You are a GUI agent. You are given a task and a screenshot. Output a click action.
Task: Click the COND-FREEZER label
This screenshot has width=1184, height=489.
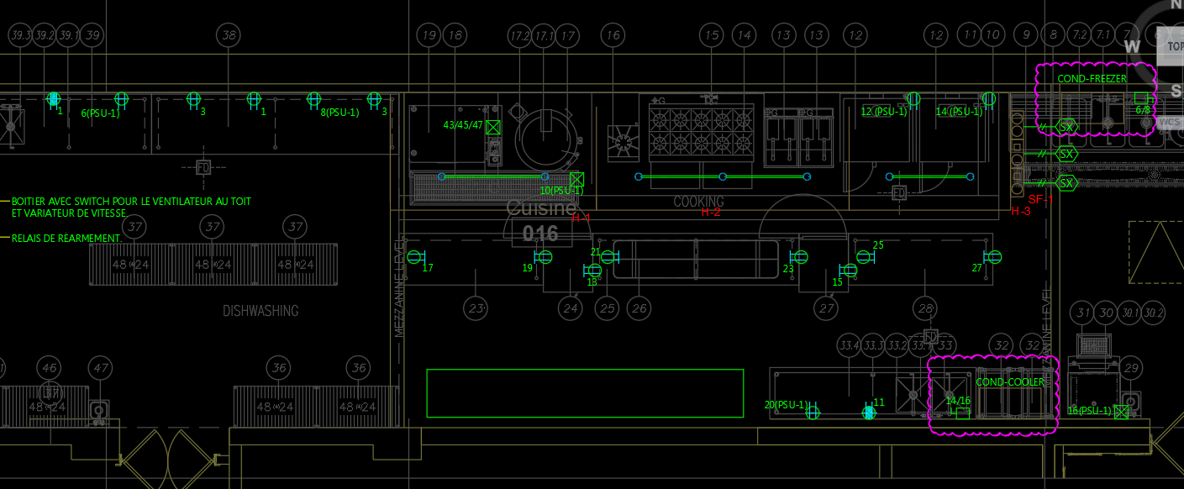coord(1092,79)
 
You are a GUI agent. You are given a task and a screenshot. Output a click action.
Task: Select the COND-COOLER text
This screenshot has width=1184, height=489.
coord(1010,382)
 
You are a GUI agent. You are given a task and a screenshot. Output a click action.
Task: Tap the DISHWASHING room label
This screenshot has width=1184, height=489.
coord(260,311)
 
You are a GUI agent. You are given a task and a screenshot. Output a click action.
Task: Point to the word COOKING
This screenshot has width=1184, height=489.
coord(698,202)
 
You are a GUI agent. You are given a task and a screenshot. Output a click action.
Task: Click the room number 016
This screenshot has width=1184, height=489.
coord(540,234)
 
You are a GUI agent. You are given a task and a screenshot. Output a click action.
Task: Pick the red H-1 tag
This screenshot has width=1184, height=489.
coord(581,218)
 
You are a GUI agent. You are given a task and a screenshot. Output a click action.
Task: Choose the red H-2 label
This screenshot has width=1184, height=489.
coord(711,213)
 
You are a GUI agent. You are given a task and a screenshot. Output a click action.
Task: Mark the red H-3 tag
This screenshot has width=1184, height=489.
coord(1021,212)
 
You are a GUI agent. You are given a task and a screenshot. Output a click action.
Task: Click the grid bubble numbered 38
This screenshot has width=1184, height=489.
coord(228,35)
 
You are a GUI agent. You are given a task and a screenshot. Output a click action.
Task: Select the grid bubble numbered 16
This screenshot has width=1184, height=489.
coord(613,35)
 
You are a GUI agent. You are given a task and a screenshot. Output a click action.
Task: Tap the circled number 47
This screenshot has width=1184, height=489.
coord(101,368)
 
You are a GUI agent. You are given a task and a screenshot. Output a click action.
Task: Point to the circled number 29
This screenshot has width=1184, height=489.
coord(1131,368)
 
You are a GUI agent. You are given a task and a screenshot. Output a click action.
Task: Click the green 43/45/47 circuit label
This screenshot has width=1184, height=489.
coord(463,125)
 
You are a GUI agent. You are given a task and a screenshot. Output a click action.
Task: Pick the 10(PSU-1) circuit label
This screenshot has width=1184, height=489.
coord(561,191)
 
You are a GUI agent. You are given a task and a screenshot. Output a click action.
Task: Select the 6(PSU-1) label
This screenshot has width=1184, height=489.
coord(100,113)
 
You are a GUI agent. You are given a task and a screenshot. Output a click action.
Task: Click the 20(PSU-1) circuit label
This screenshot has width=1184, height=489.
coord(786,405)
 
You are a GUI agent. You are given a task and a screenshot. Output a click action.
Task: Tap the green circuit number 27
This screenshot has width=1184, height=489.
coord(976,268)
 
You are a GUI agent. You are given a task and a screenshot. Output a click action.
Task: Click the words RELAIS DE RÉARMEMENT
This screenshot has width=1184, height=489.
coord(66,239)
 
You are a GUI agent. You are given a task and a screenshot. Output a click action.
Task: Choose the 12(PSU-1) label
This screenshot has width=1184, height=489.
coord(883,112)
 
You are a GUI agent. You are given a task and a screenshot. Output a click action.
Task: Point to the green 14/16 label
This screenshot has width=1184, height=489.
coord(958,401)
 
